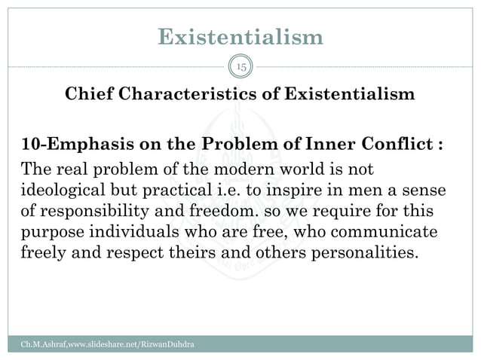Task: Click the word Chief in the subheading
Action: click(89, 95)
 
